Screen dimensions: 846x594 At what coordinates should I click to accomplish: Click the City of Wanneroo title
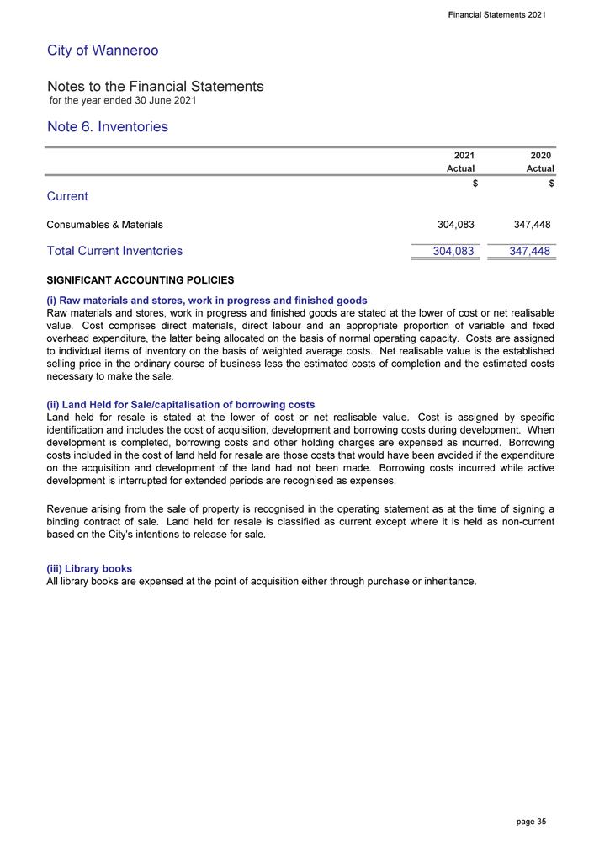point(103,51)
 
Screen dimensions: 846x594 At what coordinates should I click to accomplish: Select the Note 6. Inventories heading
point(108,127)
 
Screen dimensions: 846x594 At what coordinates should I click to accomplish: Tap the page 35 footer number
point(530,821)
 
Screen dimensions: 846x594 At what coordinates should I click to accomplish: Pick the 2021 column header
point(464,156)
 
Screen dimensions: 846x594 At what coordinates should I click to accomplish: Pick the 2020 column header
point(542,156)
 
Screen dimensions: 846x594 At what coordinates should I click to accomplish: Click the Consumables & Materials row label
point(105,225)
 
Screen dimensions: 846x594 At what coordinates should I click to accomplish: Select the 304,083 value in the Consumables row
point(455,225)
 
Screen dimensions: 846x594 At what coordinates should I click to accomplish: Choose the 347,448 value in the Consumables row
point(532,225)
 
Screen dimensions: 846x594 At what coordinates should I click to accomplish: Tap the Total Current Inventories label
point(114,251)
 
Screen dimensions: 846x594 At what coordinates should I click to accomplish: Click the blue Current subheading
point(67,196)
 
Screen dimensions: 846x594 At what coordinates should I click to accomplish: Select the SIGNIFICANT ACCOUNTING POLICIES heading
point(141,279)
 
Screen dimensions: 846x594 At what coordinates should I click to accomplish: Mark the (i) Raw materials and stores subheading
point(207,301)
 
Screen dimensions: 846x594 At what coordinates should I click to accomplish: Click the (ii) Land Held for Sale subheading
point(181,405)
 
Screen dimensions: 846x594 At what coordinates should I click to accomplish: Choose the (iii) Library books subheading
point(89,569)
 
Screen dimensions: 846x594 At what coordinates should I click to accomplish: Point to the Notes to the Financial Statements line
point(156,87)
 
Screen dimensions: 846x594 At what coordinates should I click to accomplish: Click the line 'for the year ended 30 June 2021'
point(123,101)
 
